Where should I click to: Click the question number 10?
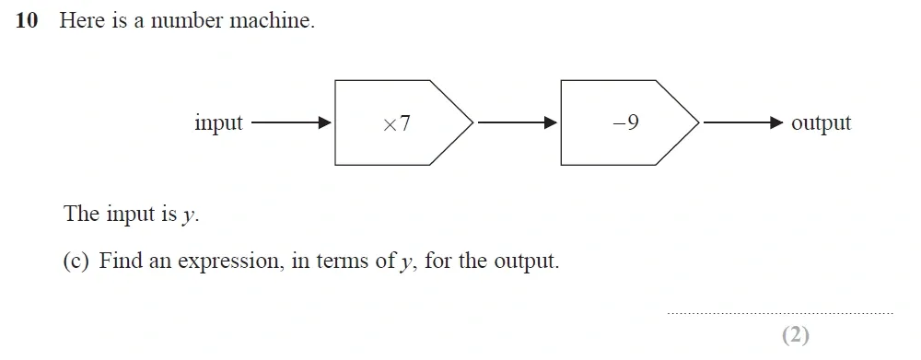(x=27, y=21)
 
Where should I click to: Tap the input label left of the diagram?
(x=218, y=122)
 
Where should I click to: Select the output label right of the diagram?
(x=821, y=123)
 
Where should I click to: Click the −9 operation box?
(x=627, y=123)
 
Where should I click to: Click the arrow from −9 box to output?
(x=742, y=122)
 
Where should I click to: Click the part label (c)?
(x=76, y=261)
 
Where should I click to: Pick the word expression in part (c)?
(x=227, y=261)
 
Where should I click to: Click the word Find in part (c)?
(x=121, y=261)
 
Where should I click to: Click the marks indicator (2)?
(x=795, y=335)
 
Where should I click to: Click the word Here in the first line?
(x=82, y=21)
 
